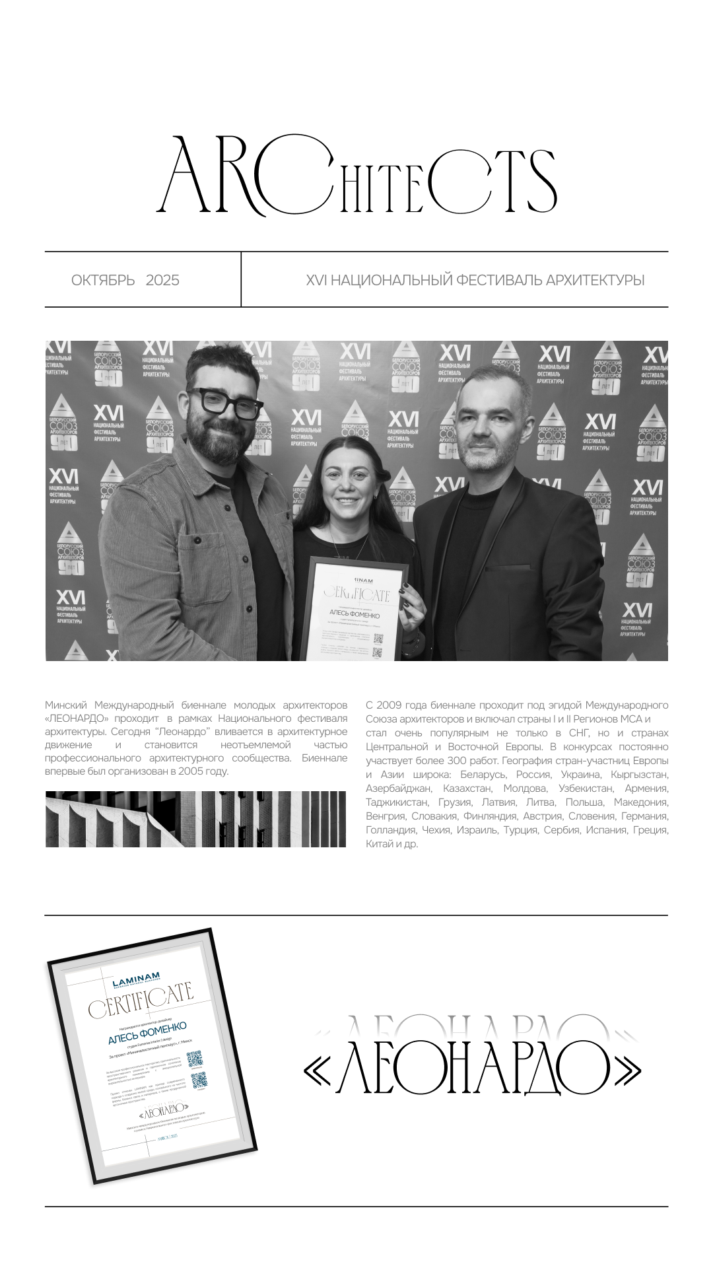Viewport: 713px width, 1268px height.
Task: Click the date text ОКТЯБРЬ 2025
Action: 125,280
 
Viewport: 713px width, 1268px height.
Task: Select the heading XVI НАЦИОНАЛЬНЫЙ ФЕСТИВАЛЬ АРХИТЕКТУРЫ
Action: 475,280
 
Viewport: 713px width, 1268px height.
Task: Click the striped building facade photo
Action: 195,819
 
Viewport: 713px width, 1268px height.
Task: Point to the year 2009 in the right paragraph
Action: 389,705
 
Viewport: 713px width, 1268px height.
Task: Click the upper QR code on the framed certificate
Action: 193,1059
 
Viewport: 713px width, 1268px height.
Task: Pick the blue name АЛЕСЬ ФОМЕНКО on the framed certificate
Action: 147,1032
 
